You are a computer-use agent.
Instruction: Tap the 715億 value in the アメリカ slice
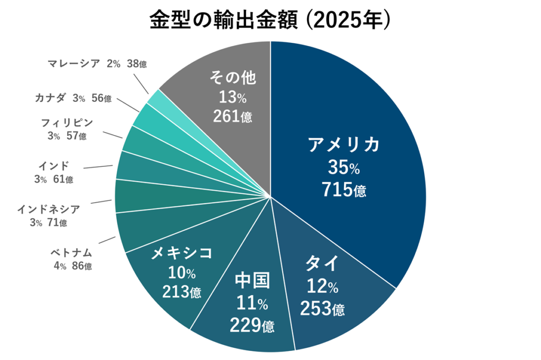344,190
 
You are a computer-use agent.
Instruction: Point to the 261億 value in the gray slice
232,116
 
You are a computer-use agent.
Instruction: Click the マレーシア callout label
73,64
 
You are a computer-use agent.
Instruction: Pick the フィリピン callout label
67,123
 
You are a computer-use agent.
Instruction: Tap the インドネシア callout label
49,209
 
